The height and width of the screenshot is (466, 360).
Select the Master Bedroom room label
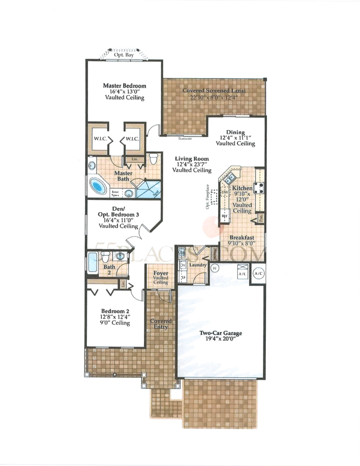124,86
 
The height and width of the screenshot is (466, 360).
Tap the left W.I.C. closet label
98,138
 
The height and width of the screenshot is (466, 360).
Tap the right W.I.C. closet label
132,138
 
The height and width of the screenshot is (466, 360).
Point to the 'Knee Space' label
115,192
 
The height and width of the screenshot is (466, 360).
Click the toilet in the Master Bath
153,159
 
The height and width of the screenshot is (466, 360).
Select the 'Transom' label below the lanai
184,138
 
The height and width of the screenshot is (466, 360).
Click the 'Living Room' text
192,159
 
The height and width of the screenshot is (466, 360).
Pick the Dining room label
235,132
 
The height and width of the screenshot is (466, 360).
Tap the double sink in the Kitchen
229,178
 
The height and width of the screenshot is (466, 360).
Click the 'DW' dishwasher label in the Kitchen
224,192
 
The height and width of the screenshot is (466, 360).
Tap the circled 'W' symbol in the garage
215,268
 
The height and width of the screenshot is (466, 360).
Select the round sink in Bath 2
121,256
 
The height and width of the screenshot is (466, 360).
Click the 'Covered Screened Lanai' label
214,90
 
